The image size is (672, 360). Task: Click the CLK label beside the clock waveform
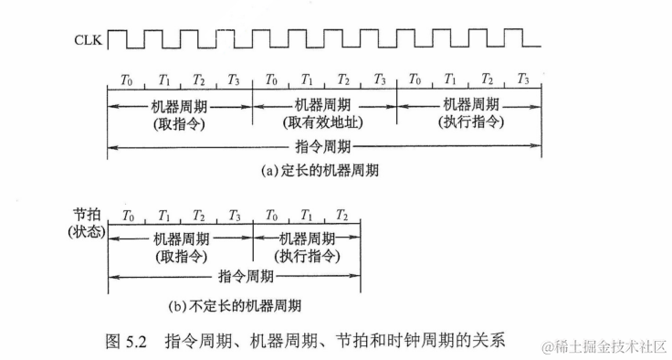click(x=89, y=39)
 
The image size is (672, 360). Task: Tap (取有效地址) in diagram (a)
click(x=324, y=122)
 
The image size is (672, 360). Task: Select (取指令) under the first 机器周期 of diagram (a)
click(x=181, y=122)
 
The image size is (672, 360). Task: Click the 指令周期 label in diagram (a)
click(x=324, y=146)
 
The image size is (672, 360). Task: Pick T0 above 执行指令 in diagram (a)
click(x=415, y=80)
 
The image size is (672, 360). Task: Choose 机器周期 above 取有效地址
click(x=324, y=104)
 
